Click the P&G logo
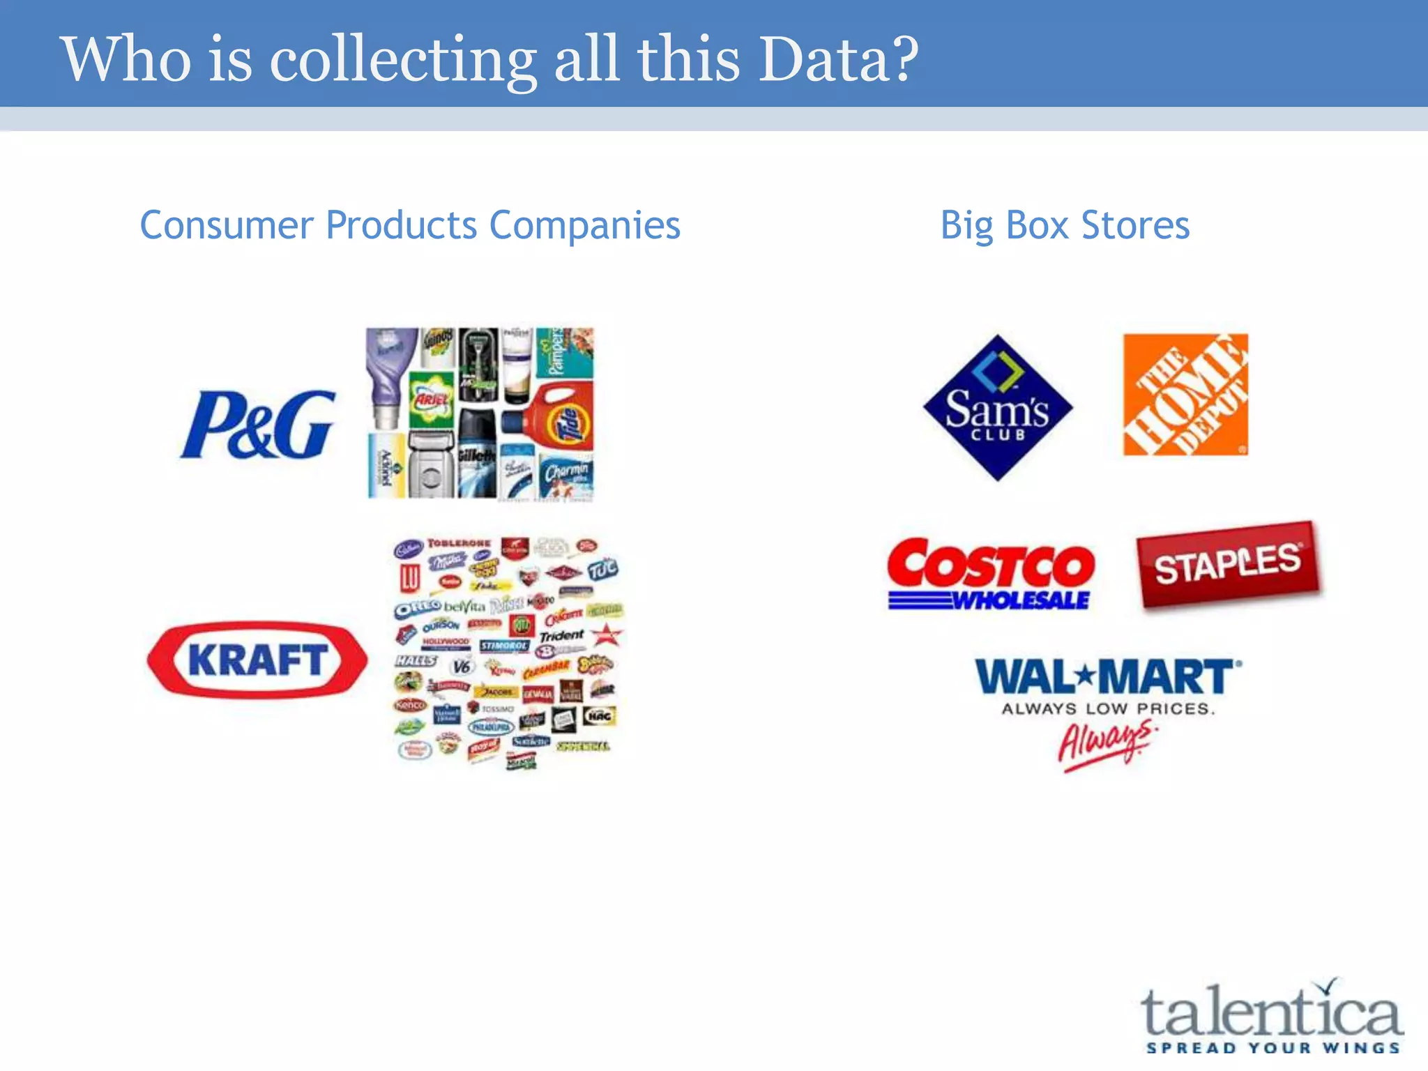(258, 425)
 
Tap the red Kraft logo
(257, 660)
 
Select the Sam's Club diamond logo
(997, 409)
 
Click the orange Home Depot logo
(1185, 395)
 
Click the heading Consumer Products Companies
(410, 225)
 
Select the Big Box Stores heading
(1065, 225)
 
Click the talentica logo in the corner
(1270, 1012)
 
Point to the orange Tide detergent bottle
(554, 418)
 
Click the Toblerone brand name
(459, 543)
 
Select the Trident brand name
(561, 636)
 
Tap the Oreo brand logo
(417, 609)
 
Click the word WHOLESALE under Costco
(1021, 600)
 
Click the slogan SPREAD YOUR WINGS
(1273, 1048)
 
